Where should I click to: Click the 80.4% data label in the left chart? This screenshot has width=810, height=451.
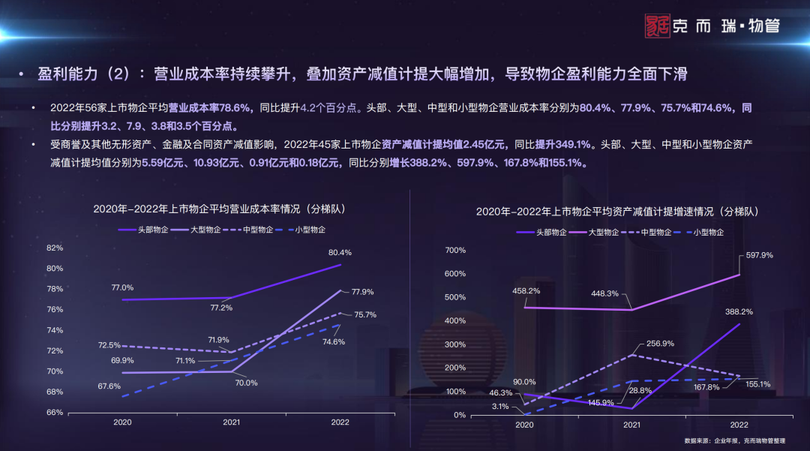point(340,252)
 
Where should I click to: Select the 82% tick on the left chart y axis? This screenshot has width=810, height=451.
point(54,248)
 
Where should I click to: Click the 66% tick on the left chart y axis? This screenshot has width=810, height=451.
point(54,412)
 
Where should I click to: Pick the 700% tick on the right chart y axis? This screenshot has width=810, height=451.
point(456,250)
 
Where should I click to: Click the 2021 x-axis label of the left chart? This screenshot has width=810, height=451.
point(232,422)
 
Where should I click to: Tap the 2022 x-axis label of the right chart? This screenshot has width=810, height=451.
point(739,425)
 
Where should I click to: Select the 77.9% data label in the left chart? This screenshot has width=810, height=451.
point(362,292)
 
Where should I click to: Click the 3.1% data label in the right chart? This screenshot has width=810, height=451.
point(501,406)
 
